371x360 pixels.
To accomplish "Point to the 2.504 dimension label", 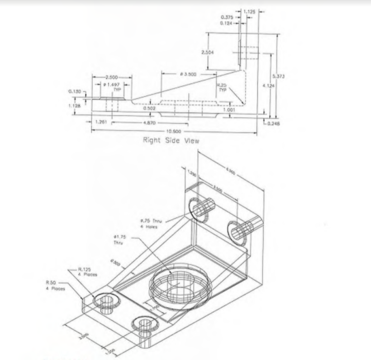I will point(208,52).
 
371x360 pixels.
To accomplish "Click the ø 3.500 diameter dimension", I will point(188,74).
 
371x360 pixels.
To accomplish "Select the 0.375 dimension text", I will point(227,17).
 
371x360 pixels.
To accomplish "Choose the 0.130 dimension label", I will point(75,91).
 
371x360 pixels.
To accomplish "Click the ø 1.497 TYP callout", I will point(112,87).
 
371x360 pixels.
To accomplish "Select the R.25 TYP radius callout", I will point(222,87).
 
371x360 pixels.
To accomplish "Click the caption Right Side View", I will point(171,140).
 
